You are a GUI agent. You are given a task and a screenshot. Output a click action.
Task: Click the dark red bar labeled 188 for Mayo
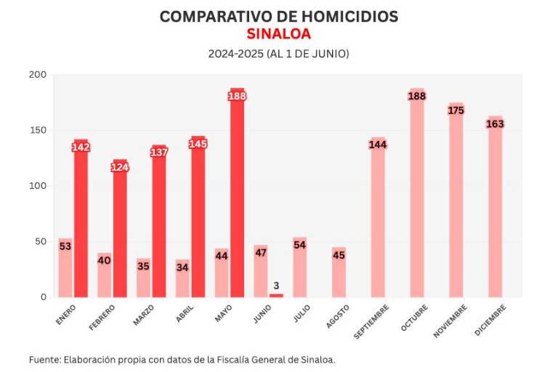(237, 203)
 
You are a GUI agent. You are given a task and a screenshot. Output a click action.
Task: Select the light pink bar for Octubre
(417, 203)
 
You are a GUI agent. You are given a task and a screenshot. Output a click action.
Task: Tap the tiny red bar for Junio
(276, 295)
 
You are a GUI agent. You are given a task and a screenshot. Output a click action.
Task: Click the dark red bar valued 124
(120, 232)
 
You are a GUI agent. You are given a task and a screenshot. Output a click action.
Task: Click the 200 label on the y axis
(38, 75)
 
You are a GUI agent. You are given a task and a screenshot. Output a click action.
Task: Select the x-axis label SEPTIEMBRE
(372, 320)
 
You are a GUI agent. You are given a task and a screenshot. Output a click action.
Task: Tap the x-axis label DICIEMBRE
(490, 319)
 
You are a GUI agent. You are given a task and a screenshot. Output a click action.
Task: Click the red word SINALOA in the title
(278, 34)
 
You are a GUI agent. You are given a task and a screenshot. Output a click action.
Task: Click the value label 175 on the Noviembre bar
(456, 110)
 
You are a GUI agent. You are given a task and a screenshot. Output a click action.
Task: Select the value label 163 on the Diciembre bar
(495, 124)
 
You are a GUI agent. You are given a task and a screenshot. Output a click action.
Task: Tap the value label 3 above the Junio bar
(276, 286)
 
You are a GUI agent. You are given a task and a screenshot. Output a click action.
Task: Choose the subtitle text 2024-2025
(235, 54)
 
